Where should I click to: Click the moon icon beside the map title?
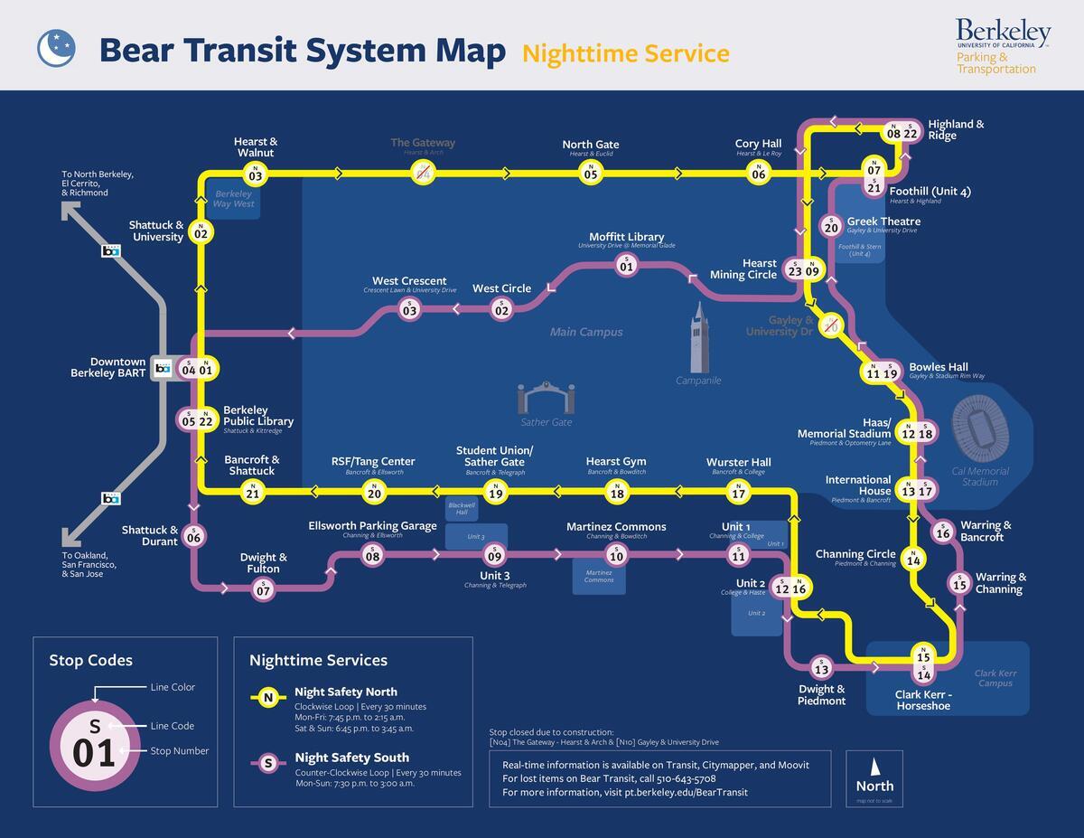click(x=56, y=48)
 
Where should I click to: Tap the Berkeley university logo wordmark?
click(x=1003, y=33)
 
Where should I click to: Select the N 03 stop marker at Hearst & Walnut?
click(x=256, y=174)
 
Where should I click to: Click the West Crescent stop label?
click(x=409, y=282)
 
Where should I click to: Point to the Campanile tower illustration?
click(x=698, y=338)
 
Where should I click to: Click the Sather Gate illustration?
click(x=546, y=399)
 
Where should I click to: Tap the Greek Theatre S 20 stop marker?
click(x=832, y=227)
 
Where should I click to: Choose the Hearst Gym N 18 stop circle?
click(x=617, y=492)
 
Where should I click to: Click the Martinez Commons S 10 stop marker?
click(x=617, y=555)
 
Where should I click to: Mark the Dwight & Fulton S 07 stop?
click(x=263, y=589)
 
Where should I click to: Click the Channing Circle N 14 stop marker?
click(x=913, y=560)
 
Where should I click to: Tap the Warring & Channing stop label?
click(x=999, y=583)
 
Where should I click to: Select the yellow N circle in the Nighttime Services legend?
click(x=267, y=698)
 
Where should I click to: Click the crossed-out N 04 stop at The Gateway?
click(x=422, y=174)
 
